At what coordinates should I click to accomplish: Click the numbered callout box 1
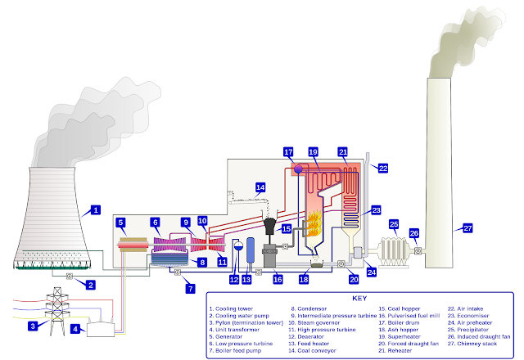[96, 210]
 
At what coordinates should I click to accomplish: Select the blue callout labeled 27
[468, 228]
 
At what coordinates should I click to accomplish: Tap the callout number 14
[260, 187]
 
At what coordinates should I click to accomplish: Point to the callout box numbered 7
[191, 289]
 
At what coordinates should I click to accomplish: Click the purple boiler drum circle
[298, 169]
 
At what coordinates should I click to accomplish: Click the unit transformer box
[101, 330]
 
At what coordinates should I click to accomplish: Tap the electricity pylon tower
[57, 311]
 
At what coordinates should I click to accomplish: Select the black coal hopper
[269, 226]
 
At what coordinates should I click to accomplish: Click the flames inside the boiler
[314, 223]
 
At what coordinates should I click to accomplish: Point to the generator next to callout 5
[133, 245]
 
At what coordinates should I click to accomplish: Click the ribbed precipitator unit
[394, 251]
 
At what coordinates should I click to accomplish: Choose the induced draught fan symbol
[418, 250]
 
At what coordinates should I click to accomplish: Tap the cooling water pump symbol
[69, 277]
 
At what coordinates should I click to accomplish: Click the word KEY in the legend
[359, 298]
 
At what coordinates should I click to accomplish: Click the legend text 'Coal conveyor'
[317, 351]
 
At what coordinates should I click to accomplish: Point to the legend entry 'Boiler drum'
[404, 322]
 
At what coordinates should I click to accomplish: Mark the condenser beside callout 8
[169, 259]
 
